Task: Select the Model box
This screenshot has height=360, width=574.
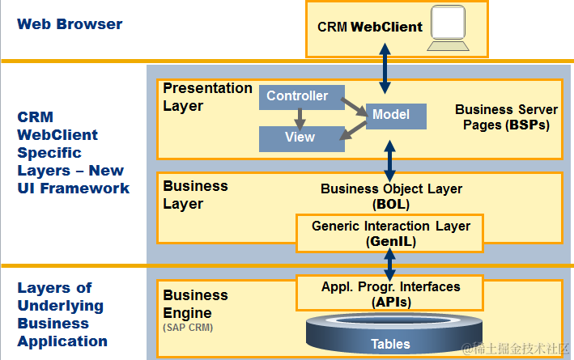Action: click(x=395, y=116)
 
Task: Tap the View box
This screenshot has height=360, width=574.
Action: click(x=300, y=138)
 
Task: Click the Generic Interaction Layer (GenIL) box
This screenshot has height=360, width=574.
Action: click(x=390, y=232)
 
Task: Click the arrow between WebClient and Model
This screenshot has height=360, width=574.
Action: click(x=386, y=70)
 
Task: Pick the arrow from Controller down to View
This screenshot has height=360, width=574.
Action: click(x=300, y=119)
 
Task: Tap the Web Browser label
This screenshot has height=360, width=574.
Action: click(x=70, y=24)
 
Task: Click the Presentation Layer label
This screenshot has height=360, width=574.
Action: click(x=207, y=97)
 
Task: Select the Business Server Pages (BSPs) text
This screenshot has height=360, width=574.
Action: click(x=506, y=117)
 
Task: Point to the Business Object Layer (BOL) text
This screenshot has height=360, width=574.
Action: click(x=392, y=196)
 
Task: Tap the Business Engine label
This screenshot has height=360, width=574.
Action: click(x=195, y=303)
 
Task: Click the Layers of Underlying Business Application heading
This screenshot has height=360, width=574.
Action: click(x=62, y=314)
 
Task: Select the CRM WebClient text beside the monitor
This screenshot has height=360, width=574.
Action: click(x=369, y=28)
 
